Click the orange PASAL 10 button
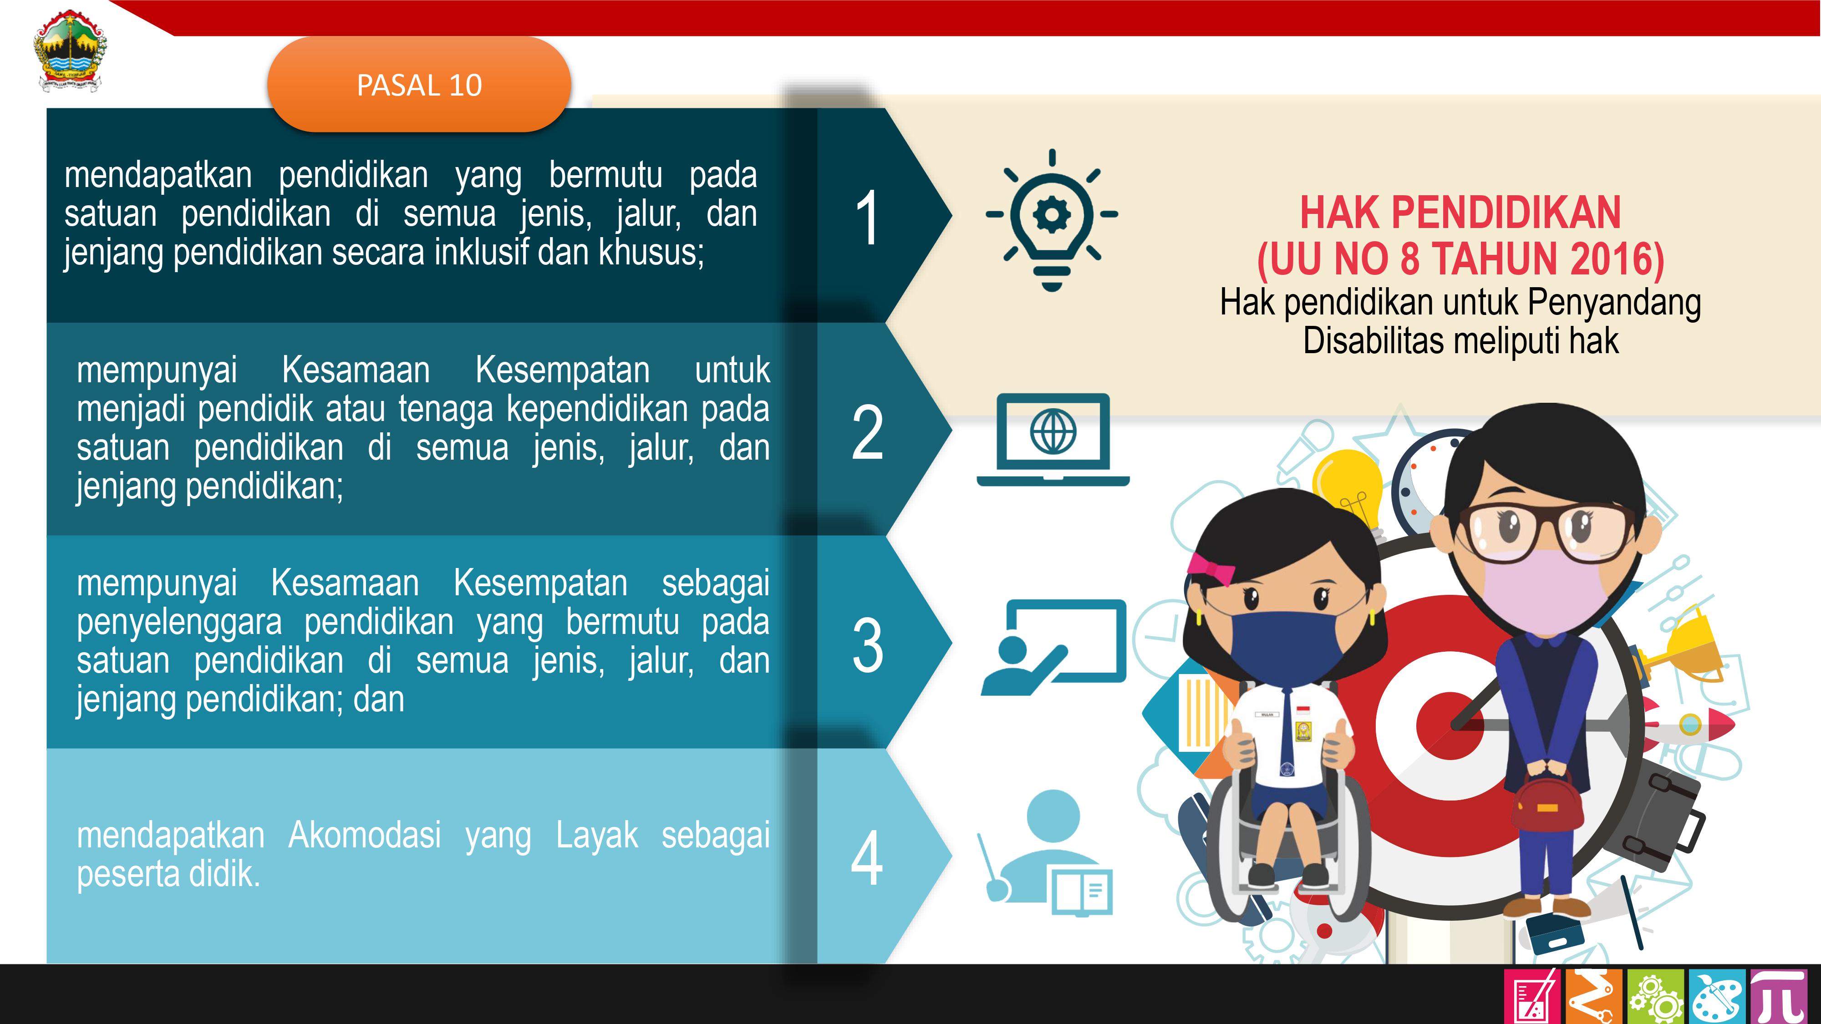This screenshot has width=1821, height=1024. click(x=419, y=85)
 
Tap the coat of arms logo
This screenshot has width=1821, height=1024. click(x=70, y=51)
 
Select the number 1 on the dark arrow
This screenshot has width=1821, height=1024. click(x=867, y=218)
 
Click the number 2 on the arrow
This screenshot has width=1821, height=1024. click(x=867, y=432)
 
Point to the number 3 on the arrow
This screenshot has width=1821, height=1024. click(x=867, y=645)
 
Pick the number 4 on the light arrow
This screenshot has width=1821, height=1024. click(x=867, y=858)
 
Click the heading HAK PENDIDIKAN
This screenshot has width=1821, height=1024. click(x=1460, y=212)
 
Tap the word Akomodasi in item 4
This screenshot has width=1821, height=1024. click(x=365, y=835)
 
